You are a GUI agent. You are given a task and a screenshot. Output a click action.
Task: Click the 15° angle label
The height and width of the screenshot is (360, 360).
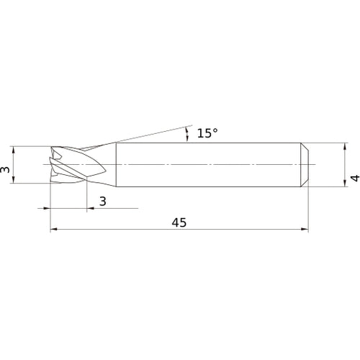click(207, 133)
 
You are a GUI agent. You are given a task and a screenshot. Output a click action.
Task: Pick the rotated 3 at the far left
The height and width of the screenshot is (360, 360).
click(6, 170)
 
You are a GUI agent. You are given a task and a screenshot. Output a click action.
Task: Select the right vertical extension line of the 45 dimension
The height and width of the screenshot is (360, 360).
click(309, 209)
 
